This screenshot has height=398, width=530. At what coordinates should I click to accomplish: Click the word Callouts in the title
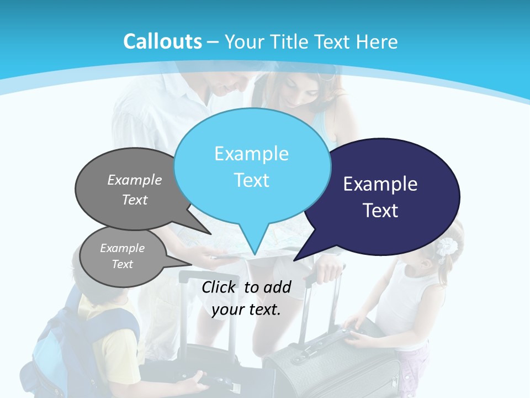tap(162, 41)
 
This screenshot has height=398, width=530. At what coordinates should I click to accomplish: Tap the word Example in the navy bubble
tap(380, 184)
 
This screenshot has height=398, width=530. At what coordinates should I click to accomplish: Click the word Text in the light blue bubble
tap(252, 180)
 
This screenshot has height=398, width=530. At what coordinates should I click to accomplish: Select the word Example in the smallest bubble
tap(122, 248)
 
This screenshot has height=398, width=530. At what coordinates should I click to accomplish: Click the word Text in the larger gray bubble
tap(135, 200)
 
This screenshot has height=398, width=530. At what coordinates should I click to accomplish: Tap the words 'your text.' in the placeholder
tap(246, 310)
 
